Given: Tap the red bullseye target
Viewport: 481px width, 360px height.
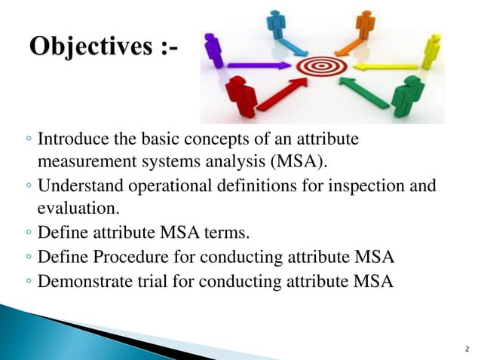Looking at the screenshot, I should coord(320,67).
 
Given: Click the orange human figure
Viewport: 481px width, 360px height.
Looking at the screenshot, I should coord(365,27).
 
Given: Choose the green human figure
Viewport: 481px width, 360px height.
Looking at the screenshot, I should coord(408,95).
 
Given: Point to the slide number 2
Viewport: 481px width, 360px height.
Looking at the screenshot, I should coord(467,349).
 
